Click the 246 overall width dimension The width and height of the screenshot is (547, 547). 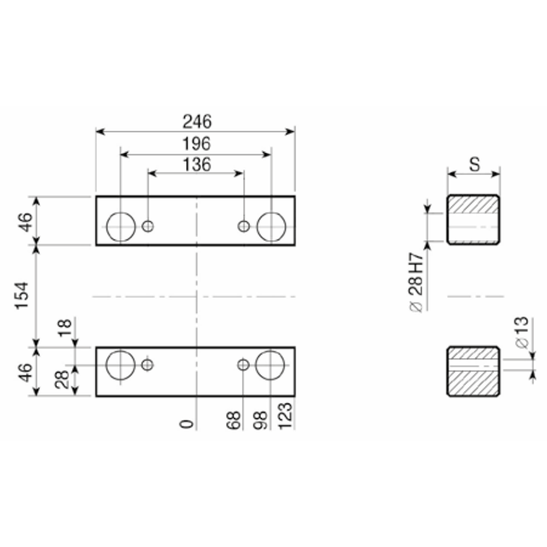197,122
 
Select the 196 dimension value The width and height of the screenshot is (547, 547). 197,144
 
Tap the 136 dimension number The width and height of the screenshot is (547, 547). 197,165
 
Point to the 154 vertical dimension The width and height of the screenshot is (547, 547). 22,295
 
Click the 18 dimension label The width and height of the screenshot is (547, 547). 65,328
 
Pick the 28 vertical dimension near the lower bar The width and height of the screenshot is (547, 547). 62,379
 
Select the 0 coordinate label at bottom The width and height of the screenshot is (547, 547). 187,424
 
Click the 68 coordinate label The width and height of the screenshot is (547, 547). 233,421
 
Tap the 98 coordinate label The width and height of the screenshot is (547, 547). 261,421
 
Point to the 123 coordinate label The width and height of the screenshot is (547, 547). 285,416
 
